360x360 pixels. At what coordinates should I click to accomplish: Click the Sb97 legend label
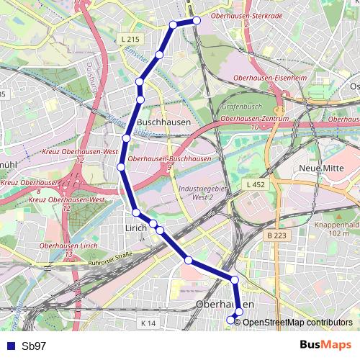34,346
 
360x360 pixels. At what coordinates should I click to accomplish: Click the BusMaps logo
325,346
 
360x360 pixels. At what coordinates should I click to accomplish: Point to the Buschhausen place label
163,122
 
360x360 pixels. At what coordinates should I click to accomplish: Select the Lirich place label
135,227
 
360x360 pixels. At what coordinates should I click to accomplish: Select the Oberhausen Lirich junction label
68,246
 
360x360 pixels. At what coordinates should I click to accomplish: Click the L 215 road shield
130,38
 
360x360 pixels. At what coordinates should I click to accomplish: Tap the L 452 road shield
256,185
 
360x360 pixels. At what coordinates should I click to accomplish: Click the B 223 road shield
276,235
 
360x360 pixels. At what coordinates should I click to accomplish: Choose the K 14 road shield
148,323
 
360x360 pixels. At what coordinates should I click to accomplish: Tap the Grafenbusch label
240,106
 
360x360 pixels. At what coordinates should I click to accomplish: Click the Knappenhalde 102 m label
343,228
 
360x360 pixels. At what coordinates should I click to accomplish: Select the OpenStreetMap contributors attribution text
297,323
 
